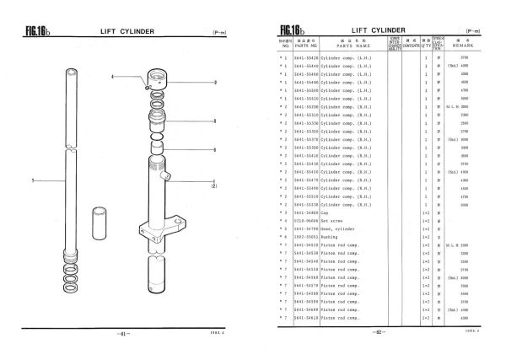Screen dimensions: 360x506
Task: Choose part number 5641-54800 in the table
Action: pos(306,214)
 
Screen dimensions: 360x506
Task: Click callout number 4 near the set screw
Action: pos(112,77)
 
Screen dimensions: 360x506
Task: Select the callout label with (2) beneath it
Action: pos(214,182)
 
